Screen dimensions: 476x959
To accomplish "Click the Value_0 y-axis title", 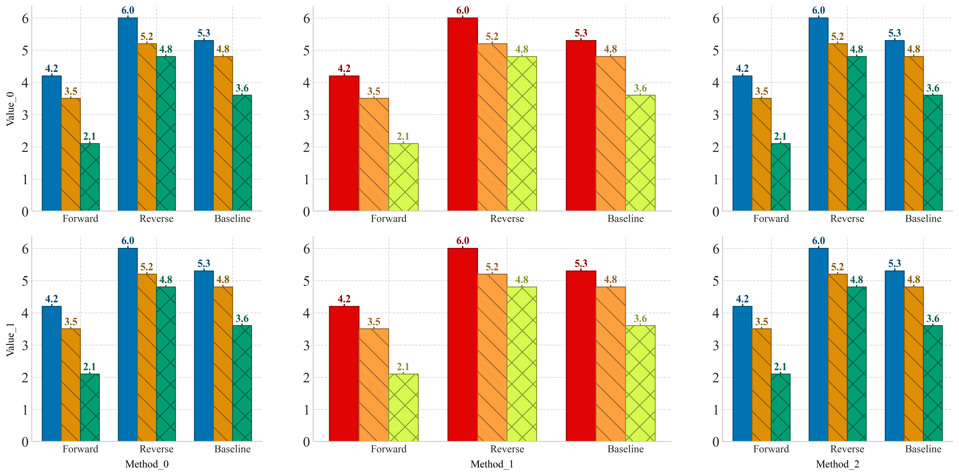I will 10,109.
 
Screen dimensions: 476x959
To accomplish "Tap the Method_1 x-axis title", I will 492,464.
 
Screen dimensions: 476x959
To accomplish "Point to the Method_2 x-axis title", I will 837,464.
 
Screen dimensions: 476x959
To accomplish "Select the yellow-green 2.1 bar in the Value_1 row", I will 403,408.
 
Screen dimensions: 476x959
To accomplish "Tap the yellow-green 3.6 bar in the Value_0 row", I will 640,153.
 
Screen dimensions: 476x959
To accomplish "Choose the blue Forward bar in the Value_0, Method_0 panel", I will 52,143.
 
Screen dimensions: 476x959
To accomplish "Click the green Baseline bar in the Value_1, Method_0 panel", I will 242,384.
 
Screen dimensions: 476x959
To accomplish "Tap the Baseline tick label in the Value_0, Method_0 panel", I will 232,219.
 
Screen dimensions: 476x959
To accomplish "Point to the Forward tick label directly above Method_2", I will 771,449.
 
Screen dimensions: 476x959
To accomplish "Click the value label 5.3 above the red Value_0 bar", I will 581,33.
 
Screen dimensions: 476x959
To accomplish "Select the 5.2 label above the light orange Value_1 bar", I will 492,267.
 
